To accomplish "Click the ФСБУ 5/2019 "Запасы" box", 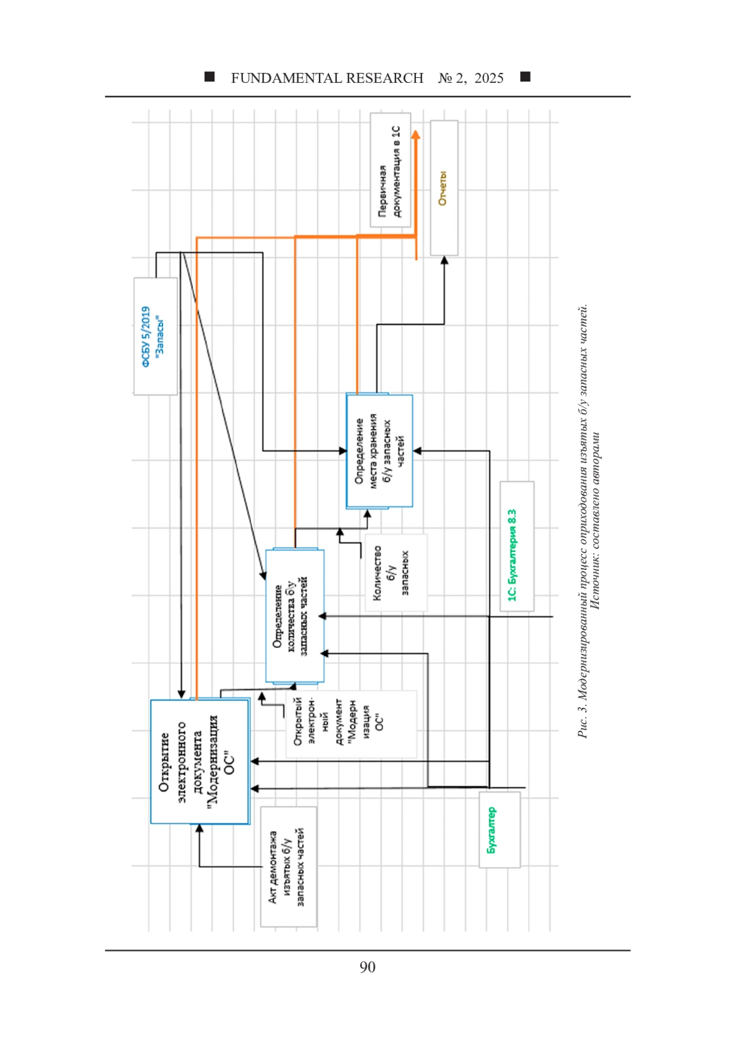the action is click(156, 336).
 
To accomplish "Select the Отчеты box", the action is click(443, 188).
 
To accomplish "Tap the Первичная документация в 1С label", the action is click(390, 170).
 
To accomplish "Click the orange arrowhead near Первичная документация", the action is click(416, 135).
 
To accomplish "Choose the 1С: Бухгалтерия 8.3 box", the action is click(516, 546).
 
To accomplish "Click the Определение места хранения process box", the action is click(379, 450).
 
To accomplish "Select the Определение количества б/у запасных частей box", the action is click(294, 616).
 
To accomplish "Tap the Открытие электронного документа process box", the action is click(200, 761).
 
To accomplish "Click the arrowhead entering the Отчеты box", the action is click(444, 260).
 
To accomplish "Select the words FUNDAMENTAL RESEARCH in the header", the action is click(327, 78).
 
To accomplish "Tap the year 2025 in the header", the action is click(489, 78).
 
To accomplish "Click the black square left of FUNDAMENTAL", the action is click(210, 77).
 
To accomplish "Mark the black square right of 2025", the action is click(525, 77).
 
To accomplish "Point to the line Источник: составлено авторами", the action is click(596, 521).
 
